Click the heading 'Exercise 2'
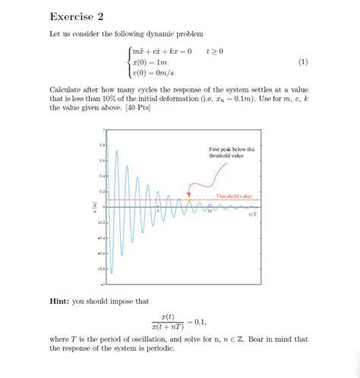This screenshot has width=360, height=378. (77, 16)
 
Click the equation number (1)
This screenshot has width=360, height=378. (303, 61)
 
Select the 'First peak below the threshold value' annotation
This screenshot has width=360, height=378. (232, 153)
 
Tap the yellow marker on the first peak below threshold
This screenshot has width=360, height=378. (189, 200)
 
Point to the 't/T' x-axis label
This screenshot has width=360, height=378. (253, 213)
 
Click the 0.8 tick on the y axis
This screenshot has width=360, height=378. (101, 144)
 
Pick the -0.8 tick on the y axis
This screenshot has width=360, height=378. (100, 268)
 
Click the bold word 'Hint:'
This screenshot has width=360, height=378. (60, 301)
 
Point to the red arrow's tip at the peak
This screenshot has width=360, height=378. (190, 198)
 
